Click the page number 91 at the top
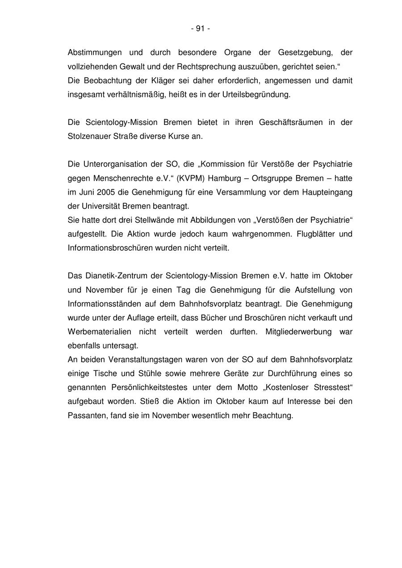[200, 29]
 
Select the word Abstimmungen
[95, 53]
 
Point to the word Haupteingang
[327, 192]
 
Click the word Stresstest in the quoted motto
[330, 387]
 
